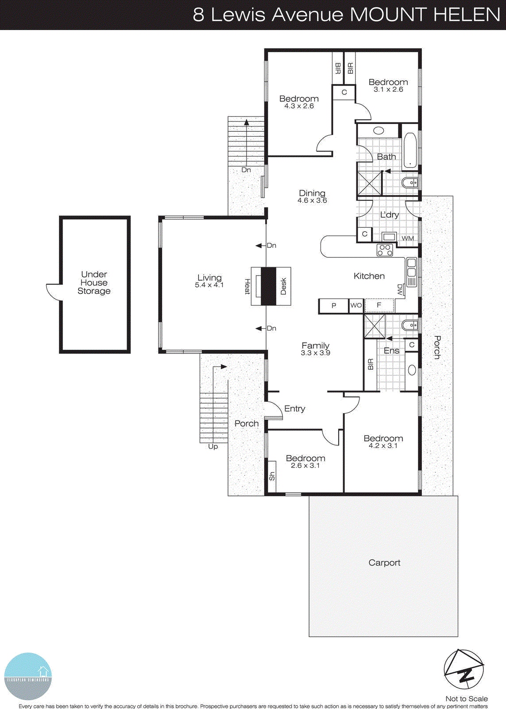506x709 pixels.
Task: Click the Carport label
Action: [x=384, y=563]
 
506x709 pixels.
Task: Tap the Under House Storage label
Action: [x=94, y=283]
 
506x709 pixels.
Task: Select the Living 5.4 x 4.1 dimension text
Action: [x=209, y=285]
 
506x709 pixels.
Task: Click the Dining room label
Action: [x=312, y=193]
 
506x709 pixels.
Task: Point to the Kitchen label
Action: [x=369, y=276]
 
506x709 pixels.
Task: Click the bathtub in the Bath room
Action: [x=410, y=151]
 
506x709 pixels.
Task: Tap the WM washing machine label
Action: [x=408, y=238]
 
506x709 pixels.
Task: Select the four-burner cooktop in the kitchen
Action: [x=385, y=250]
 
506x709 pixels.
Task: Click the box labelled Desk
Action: [x=283, y=286]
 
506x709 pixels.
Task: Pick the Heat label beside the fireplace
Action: [x=247, y=286]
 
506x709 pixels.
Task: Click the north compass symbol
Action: [x=464, y=670]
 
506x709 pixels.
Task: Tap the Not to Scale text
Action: [x=467, y=699]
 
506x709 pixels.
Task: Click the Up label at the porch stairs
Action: [x=213, y=447]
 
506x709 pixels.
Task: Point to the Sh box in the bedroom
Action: [x=271, y=476]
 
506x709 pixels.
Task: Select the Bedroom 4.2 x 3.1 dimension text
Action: [x=383, y=446]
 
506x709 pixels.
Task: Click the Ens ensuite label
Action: [x=391, y=351]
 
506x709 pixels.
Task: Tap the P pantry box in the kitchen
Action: [x=334, y=306]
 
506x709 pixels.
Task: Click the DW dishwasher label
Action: [x=400, y=290]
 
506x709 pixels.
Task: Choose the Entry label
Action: [x=294, y=409]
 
